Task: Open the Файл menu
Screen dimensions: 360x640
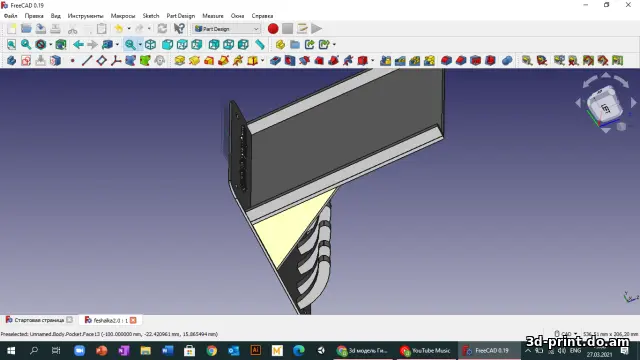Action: click(x=10, y=16)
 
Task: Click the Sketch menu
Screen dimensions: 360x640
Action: click(x=151, y=16)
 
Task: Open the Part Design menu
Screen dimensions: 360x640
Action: click(x=181, y=16)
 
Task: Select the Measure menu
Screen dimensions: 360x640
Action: click(x=213, y=16)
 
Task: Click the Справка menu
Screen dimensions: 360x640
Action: click(x=262, y=16)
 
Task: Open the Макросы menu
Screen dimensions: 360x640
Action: click(x=123, y=16)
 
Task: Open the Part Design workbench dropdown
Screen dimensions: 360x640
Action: click(x=226, y=29)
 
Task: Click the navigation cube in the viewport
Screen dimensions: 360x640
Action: click(x=603, y=104)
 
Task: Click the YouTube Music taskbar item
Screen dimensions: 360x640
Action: click(x=426, y=351)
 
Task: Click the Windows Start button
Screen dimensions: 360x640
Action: click(x=9, y=351)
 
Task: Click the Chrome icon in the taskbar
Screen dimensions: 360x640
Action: click(x=211, y=351)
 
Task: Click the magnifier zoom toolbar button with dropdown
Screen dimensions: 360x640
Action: click(x=132, y=45)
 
